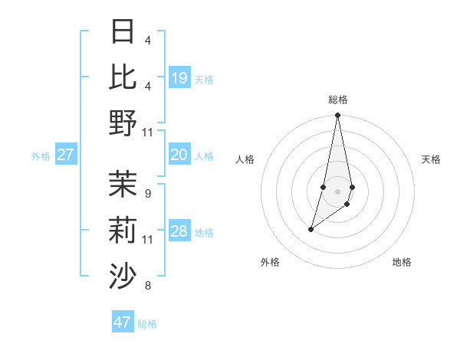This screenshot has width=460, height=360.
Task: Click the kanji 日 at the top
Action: [x=123, y=32]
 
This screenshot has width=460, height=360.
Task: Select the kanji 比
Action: [x=123, y=77]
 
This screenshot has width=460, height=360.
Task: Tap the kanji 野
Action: [x=123, y=123]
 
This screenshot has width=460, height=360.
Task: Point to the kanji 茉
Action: [x=123, y=185]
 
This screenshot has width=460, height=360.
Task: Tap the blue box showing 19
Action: [x=179, y=78]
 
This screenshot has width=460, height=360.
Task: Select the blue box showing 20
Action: [x=179, y=155]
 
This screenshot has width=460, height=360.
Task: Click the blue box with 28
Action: [x=179, y=231]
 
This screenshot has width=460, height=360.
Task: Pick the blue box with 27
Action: [x=66, y=155]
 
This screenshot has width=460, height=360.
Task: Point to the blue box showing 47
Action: [x=123, y=322]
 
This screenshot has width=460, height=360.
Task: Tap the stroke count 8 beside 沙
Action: [x=147, y=286]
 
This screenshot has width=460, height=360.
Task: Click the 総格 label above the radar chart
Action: [x=337, y=100]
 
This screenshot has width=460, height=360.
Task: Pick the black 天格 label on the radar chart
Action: [x=432, y=159]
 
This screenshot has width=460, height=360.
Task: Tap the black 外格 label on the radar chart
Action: [x=270, y=262]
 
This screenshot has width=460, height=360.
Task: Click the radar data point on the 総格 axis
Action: [x=337, y=116]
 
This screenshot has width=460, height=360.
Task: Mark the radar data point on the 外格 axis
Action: [x=310, y=229]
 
